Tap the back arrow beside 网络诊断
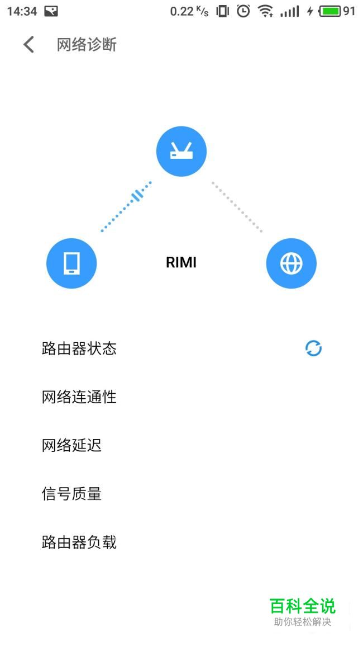point(28,45)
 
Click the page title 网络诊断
point(87,45)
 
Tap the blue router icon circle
point(181,151)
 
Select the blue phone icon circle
point(71,263)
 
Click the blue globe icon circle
point(292,263)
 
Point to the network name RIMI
point(181,262)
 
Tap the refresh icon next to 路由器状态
point(314,348)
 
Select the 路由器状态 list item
point(79,348)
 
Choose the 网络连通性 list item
point(79,397)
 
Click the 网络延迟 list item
point(71,445)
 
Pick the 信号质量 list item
point(71,493)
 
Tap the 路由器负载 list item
point(79,542)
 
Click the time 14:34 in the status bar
point(22,11)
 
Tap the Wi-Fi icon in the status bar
point(266,11)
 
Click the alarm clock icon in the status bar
point(243,11)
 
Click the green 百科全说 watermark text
point(303,606)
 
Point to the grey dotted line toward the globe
point(237,206)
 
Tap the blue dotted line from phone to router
point(126,206)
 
